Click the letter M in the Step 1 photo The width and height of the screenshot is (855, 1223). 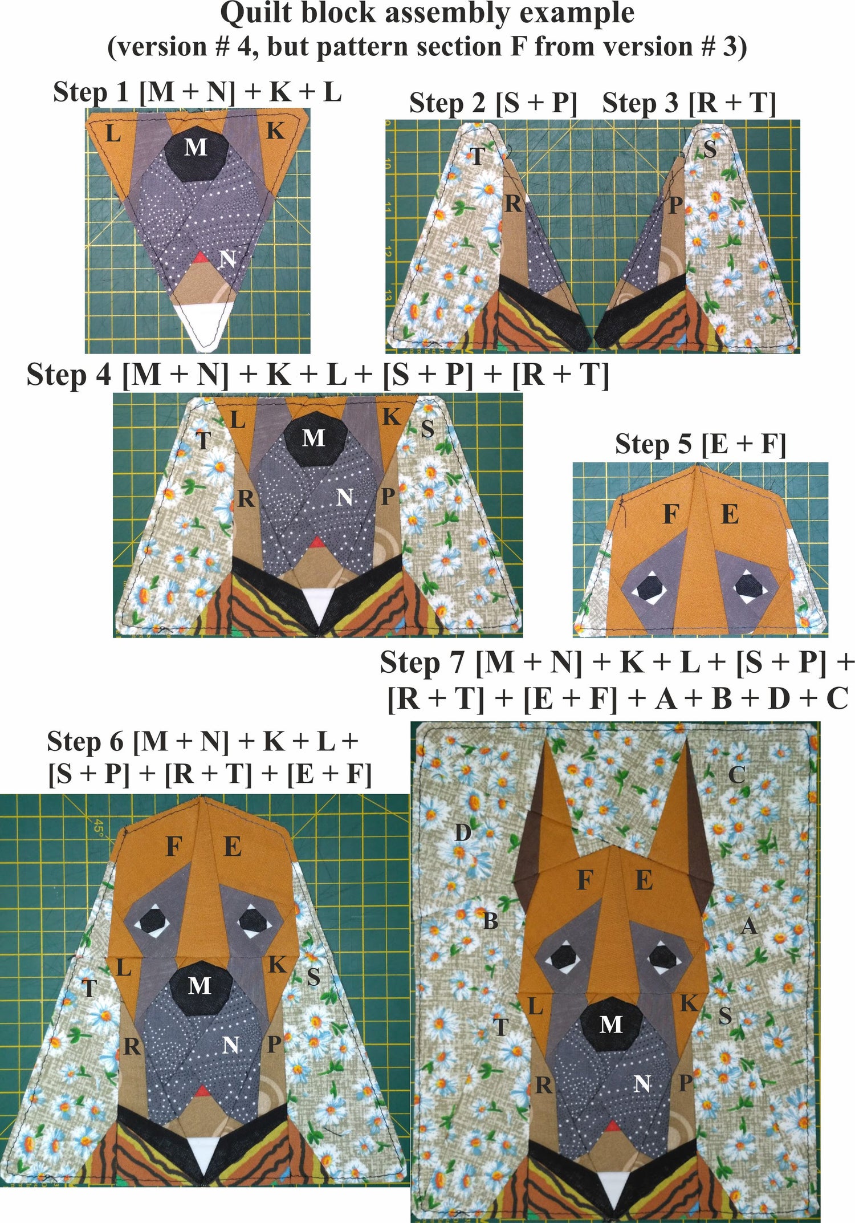click(x=196, y=148)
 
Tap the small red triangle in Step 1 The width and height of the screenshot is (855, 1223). click(x=199, y=258)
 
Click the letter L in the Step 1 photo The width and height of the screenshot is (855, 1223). click(x=113, y=135)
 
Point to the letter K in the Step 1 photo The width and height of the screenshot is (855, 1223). click(x=275, y=131)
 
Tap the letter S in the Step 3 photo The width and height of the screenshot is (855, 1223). click(x=710, y=149)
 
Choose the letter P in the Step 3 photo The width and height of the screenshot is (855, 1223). click(x=675, y=205)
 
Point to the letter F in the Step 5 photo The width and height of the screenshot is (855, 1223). click(x=671, y=515)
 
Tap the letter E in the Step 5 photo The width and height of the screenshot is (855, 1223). click(x=730, y=515)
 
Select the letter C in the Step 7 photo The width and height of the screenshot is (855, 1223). click(x=736, y=775)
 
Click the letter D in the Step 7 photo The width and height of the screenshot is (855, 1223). click(x=462, y=833)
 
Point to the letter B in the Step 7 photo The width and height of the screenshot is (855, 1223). click(x=490, y=921)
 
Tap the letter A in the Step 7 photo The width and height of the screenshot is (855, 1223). click(x=749, y=927)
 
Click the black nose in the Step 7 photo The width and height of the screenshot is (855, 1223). click(x=611, y=1025)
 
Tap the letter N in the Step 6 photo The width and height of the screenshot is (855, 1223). click(x=230, y=1045)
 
